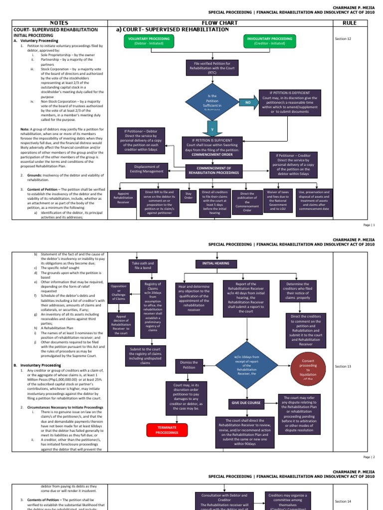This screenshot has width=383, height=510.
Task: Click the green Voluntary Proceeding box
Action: tap(149, 41)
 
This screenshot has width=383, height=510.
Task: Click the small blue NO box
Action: tap(247, 102)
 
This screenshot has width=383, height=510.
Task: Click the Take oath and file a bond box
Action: tap(143, 265)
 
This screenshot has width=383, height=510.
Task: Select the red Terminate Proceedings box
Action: tap(167, 430)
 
